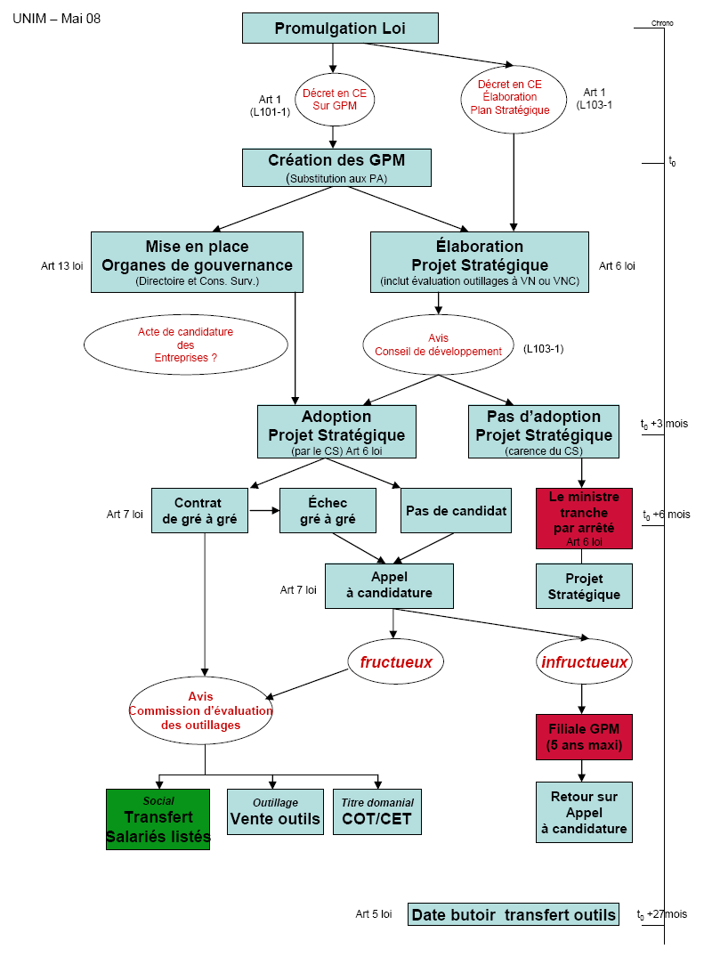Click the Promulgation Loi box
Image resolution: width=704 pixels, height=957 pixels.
tap(340, 28)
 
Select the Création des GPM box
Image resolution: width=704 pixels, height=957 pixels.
tap(336, 167)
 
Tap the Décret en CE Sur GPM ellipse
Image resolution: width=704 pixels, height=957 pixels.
tap(334, 99)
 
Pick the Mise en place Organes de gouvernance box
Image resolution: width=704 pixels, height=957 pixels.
tap(197, 262)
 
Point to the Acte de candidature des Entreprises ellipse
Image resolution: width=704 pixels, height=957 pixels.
tap(185, 345)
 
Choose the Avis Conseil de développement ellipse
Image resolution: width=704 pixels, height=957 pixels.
tap(438, 345)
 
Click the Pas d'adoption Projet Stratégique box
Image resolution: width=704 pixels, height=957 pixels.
tap(544, 432)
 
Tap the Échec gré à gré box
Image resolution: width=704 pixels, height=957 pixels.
tap(323, 510)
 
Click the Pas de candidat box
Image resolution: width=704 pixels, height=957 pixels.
tap(456, 510)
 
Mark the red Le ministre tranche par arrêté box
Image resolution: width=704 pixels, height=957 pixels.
tap(584, 518)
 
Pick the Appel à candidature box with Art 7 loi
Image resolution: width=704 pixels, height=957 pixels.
tap(389, 586)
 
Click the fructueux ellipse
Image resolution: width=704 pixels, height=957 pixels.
tap(395, 662)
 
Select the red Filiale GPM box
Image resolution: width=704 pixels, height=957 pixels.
tap(584, 736)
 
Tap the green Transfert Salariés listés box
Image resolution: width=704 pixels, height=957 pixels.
tap(158, 819)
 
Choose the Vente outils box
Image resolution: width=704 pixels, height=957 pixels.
tap(275, 812)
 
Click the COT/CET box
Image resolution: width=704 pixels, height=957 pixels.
tap(376, 812)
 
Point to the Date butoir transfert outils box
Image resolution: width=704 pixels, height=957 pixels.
tap(514, 914)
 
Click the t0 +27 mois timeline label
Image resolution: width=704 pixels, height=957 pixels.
tap(662, 914)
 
